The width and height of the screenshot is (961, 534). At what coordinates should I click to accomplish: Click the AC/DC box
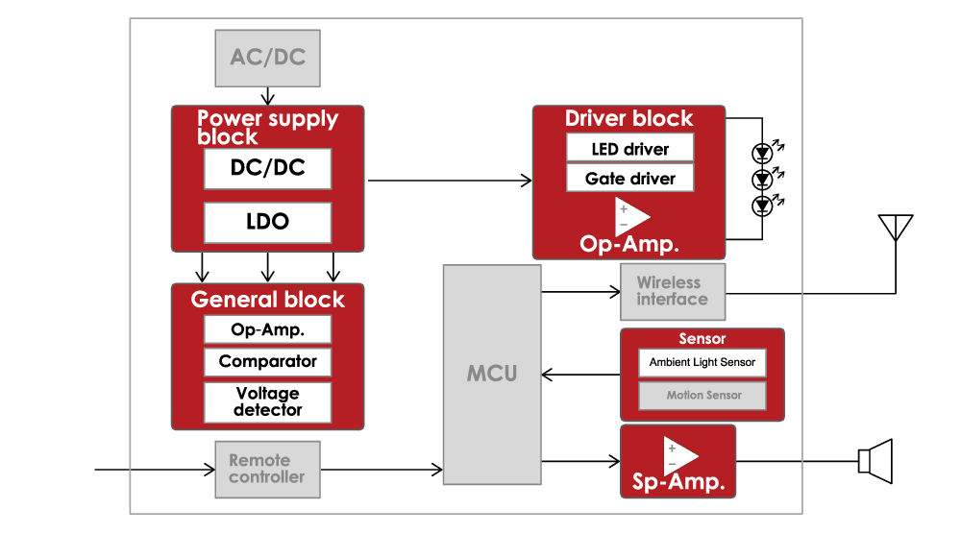[x=267, y=58]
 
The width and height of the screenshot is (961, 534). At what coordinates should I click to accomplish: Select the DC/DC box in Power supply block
[x=267, y=168]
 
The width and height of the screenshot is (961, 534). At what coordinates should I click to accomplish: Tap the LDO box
[x=267, y=222]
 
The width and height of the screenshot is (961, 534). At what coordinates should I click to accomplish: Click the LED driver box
[x=629, y=149]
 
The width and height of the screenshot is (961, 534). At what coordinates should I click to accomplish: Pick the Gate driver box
[x=629, y=179]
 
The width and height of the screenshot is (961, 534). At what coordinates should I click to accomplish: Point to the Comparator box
[x=267, y=362]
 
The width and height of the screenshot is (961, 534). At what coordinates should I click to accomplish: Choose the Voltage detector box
[x=267, y=401]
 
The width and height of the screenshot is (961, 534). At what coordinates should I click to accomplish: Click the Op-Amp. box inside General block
[x=267, y=329]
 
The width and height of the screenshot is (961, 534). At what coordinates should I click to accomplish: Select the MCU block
[x=491, y=374]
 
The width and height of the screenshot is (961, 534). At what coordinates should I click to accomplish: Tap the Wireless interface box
[x=671, y=291]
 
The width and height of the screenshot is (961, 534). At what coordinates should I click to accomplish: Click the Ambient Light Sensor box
[x=702, y=362]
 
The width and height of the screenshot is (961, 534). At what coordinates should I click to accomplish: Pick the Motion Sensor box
[x=702, y=395]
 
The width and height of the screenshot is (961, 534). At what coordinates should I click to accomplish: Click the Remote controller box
[x=266, y=470]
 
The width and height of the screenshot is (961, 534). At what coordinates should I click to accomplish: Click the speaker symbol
[x=875, y=461]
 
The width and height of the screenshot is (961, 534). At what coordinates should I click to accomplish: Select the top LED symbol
[x=763, y=152]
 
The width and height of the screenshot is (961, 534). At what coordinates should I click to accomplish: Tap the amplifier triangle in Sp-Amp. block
[x=679, y=453]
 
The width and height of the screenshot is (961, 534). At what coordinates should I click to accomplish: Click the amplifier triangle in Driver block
[x=631, y=215]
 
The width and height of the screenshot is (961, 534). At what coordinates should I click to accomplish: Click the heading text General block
[x=267, y=300]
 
